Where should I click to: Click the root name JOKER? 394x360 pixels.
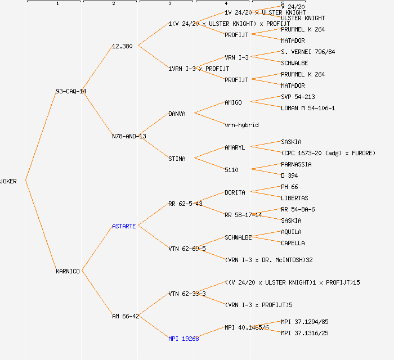pyautogui.click(x=8, y=181)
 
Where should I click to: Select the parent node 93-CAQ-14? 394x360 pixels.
pyautogui.click(x=71, y=91)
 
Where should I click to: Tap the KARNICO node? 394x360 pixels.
pyautogui.click(x=68, y=271)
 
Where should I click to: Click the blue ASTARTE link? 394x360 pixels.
pyautogui.click(x=124, y=226)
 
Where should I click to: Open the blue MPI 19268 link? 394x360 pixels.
pyautogui.click(x=183, y=339)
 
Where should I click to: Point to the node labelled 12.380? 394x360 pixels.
pyautogui.click(x=123, y=46)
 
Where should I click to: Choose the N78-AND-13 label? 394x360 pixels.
pyautogui.click(x=129, y=136)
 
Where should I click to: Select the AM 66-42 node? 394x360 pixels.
pyautogui.click(x=126, y=316)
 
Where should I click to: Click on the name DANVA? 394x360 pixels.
pyautogui.click(x=177, y=114)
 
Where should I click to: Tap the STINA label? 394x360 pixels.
pyautogui.click(x=177, y=159)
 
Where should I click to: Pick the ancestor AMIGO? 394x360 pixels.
pyautogui.click(x=233, y=102)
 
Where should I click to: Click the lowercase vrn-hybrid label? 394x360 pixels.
pyautogui.click(x=241, y=125)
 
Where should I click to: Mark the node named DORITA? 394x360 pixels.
pyautogui.click(x=235, y=192)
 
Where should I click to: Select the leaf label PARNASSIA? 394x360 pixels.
pyautogui.click(x=296, y=164)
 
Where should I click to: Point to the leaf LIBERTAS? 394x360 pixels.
pyautogui.click(x=294, y=198)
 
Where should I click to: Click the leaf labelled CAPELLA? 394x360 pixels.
pyautogui.click(x=293, y=243)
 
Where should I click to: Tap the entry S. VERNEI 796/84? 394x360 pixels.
pyautogui.click(x=308, y=52)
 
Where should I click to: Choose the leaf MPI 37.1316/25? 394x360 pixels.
pyautogui.click(x=305, y=333)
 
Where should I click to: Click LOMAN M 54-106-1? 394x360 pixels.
pyautogui.click(x=308, y=108)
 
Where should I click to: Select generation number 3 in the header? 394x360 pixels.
pyautogui.click(x=169, y=4)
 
